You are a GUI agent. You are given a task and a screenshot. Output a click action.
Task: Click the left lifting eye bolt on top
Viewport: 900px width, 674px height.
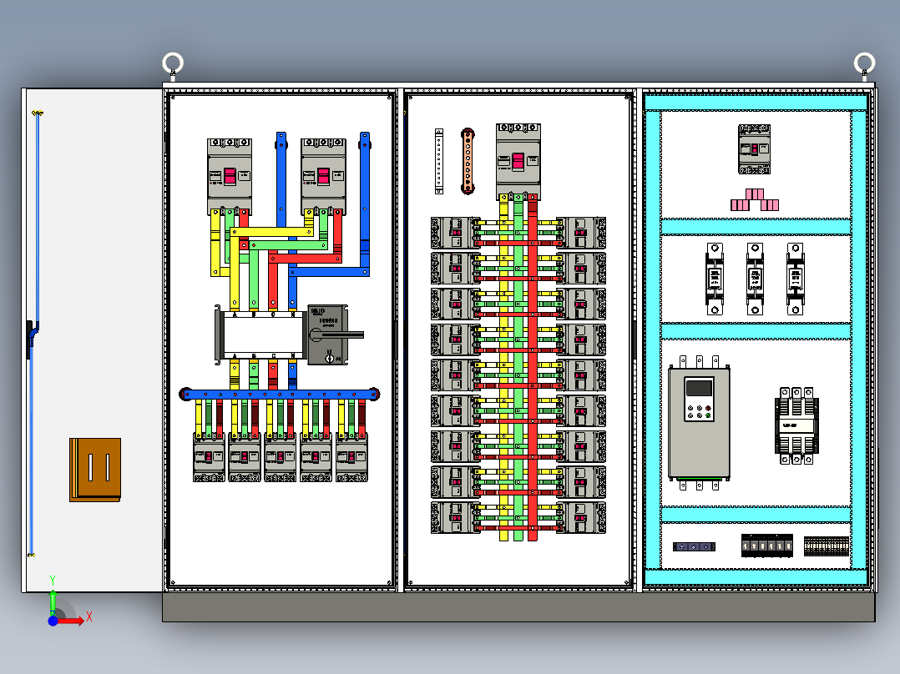point(173,64)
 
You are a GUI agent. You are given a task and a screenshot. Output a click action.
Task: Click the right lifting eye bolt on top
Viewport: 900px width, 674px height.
point(864,63)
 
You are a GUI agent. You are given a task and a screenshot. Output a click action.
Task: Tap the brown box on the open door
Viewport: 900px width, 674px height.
point(95,470)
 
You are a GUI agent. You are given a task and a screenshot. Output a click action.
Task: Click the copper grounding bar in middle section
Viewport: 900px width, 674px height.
point(468,162)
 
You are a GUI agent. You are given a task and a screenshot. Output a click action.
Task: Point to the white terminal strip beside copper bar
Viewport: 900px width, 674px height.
point(439,162)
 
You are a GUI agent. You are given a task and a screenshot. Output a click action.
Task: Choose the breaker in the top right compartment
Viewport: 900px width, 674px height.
point(755,149)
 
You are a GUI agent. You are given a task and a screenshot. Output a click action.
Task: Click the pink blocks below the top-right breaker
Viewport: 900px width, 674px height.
point(755,200)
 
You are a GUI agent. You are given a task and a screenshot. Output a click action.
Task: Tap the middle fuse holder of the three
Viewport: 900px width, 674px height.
point(755,279)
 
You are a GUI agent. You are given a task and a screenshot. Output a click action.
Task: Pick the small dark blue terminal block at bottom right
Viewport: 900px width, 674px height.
point(694,546)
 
